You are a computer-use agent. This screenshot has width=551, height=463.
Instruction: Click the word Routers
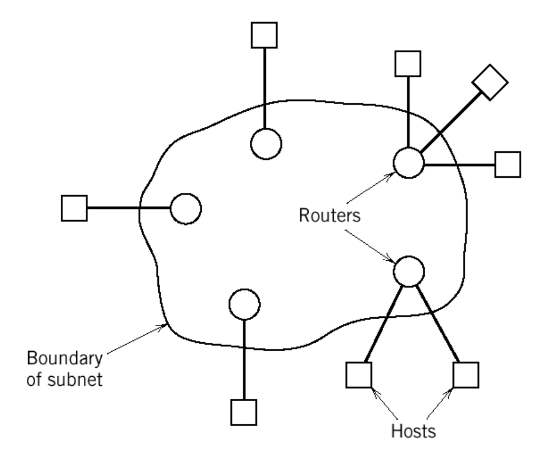pyautogui.click(x=329, y=215)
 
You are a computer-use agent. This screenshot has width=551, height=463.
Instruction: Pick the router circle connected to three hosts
pyautogui.click(x=409, y=162)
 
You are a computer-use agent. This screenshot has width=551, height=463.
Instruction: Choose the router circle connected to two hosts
pyautogui.click(x=409, y=271)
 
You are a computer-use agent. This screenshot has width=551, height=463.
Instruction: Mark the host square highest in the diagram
pyautogui.click(x=265, y=36)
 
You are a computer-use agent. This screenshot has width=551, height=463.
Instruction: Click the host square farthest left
pyautogui.click(x=74, y=208)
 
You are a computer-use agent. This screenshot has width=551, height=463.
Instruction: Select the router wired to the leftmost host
pyautogui.click(x=186, y=209)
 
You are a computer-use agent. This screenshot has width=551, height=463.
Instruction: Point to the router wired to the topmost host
pyautogui.click(x=266, y=144)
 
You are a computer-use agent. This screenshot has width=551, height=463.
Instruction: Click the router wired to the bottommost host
pyautogui.click(x=245, y=304)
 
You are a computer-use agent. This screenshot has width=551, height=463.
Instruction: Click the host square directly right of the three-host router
pyautogui.click(x=508, y=164)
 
